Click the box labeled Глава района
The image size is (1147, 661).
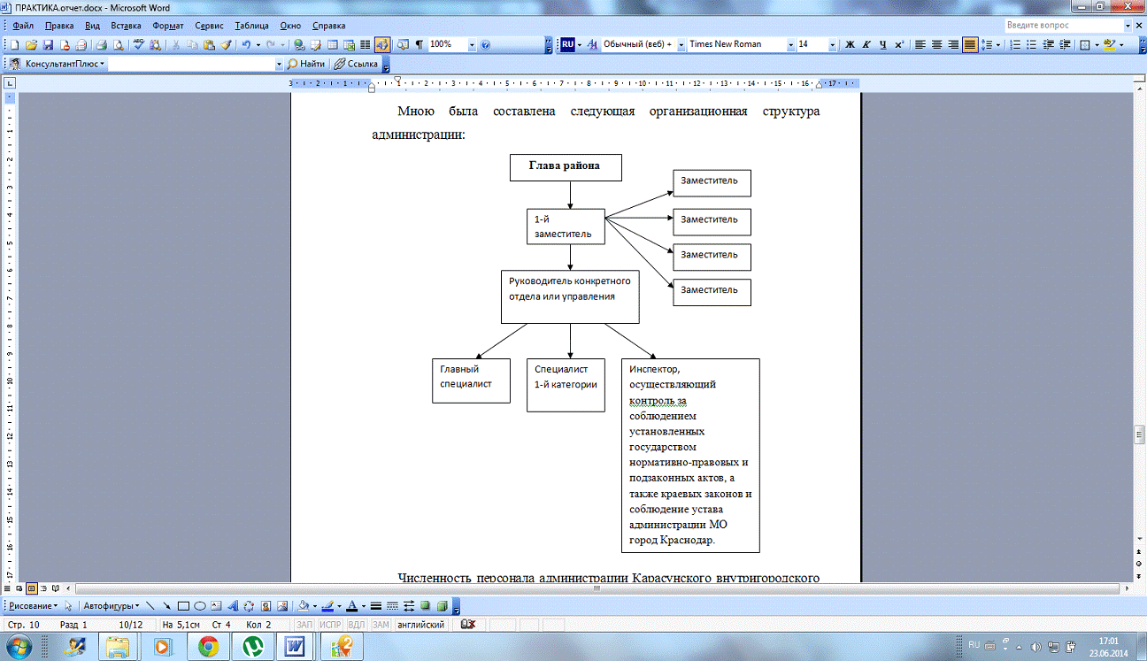tap(566, 167)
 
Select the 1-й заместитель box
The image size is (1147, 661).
tap(566, 227)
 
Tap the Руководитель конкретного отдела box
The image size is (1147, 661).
tap(570, 297)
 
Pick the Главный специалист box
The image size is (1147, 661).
tap(471, 380)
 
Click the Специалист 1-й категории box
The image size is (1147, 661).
tap(566, 385)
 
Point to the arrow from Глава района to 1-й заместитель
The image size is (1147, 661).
tap(570, 195)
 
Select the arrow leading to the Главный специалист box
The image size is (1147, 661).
tap(501, 341)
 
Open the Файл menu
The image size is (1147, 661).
tap(23, 26)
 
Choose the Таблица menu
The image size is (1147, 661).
tap(251, 26)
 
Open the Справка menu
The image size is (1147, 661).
tap(328, 26)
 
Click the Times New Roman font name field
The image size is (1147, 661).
tap(736, 44)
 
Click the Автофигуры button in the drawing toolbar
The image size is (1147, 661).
tap(112, 606)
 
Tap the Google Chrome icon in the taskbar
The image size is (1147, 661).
tap(208, 647)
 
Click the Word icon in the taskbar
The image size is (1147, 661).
tap(295, 647)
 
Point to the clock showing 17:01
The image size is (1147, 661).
tap(1108, 641)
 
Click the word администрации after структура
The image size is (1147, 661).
tap(419, 135)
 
